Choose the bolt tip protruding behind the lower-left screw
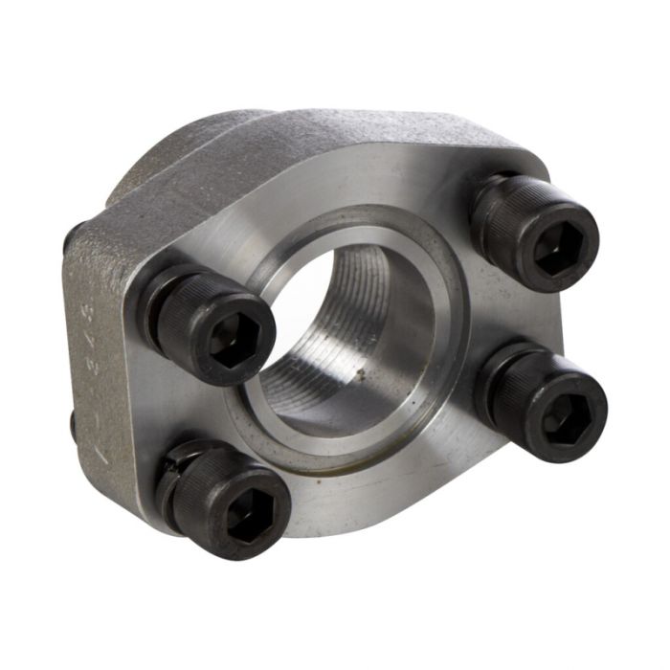coord(73,421)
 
